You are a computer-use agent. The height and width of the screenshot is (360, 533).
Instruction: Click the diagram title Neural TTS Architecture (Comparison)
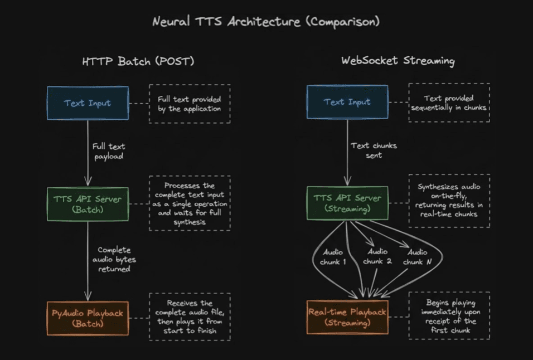(x=266, y=22)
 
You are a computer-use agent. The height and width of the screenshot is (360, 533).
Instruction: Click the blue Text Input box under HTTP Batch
(x=88, y=103)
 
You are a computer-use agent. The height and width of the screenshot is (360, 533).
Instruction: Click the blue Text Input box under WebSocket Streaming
(x=347, y=102)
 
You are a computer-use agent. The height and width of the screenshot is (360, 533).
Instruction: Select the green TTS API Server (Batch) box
(x=88, y=203)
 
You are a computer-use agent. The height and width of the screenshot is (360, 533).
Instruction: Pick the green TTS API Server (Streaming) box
(x=347, y=203)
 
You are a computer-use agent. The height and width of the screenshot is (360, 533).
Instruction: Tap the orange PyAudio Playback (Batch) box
(x=88, y=318)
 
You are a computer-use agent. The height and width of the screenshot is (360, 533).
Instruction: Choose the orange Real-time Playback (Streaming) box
(x=347, y=318)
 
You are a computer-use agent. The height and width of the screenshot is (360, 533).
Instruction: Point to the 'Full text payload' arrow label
(x=109, y=151)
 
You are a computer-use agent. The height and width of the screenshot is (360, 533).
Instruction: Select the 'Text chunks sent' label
(x=374, y=150)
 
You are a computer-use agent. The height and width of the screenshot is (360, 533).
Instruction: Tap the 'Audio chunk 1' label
(x=333, y=257)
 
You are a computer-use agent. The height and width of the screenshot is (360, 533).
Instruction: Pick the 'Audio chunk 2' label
(x=377, y=257)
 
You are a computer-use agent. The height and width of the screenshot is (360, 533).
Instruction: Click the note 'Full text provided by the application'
(x=189, y=104)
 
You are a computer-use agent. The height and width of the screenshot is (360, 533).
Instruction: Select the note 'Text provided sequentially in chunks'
(x=449, y=103)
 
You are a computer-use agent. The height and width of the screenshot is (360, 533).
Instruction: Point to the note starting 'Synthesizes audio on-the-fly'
(x=449, y=201)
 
